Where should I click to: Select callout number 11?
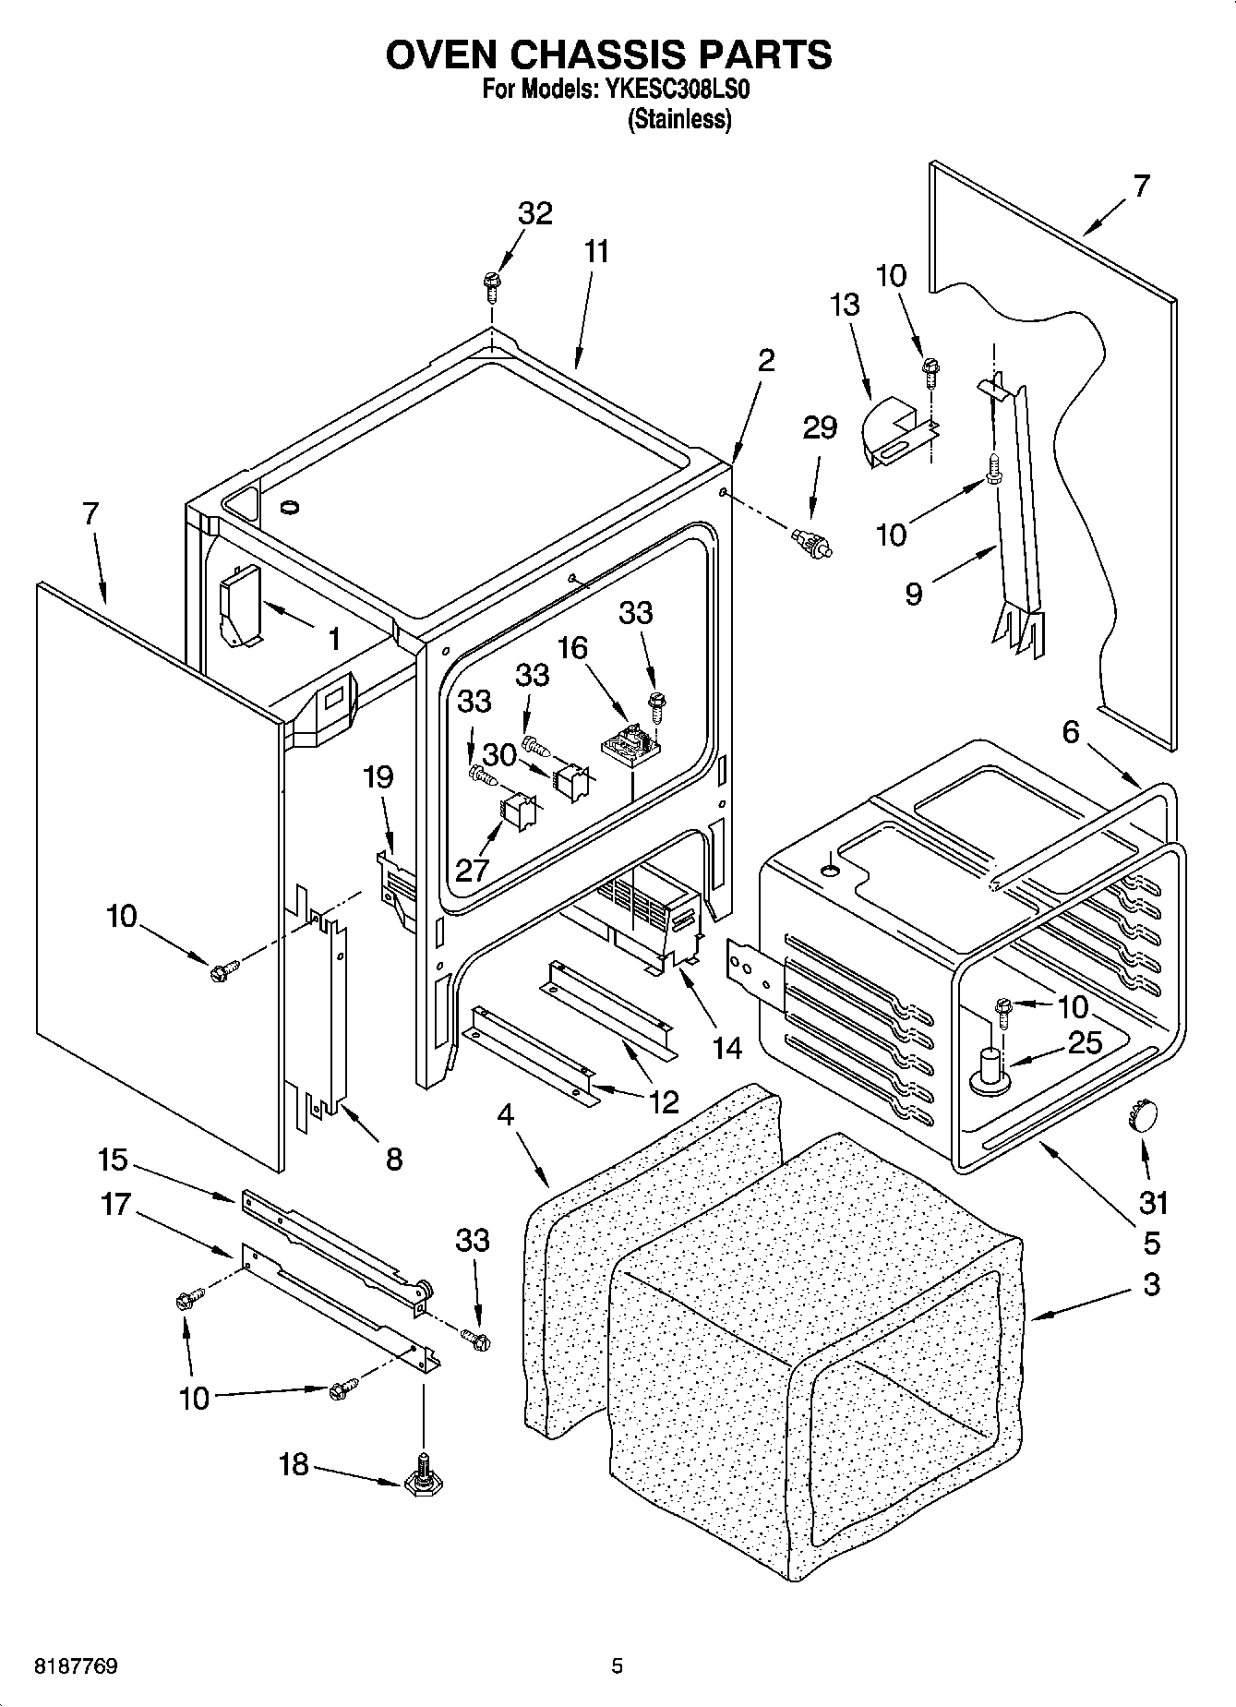[596, 251]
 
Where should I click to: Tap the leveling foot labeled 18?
[421, 1480]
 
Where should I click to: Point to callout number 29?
[819, 427]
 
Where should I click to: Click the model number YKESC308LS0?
[683, 90]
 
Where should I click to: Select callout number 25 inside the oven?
[1085, 1043]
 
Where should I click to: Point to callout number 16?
[572, 648]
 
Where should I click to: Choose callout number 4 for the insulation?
[505, 1114]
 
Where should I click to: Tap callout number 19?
[378, 777]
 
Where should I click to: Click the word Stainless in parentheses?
[679, 120]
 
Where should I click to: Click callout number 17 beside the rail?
[115, 1204]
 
